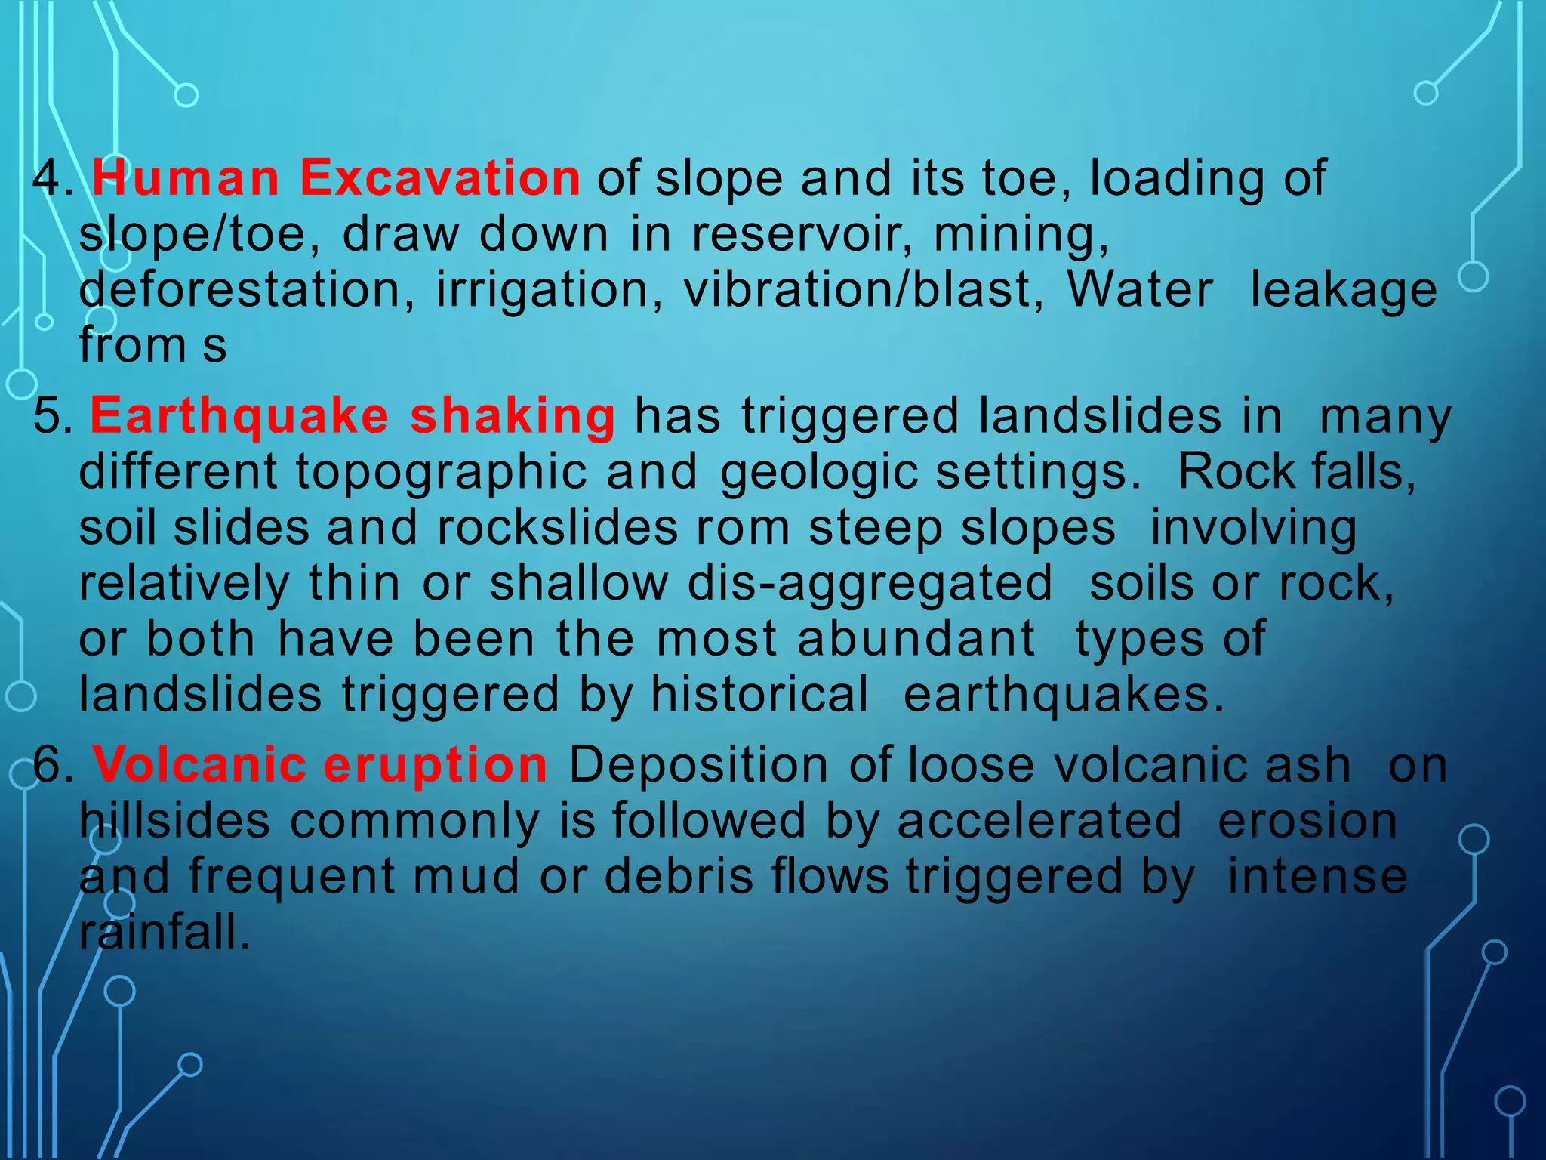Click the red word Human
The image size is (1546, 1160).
pyautogui.click(x=186, y=178)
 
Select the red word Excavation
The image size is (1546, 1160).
pyautogui.click(x=440, y=178)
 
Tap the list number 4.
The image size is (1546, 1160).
pyautogui.click(x=53, y=178)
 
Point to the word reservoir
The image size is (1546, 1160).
pyautogui.click(x=802, y=234)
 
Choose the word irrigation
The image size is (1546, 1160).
pyautogui.click(x=550, y=290)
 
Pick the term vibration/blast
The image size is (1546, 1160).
pyautogui.click(x=864, y=290)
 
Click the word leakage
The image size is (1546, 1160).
pyautogui.click(x=1344, y=290)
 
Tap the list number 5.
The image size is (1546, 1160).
pyautogui.click(x=53, y=416)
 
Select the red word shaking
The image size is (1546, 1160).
pyautogui.click(x=513, y=416)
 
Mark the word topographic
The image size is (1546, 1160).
pyautogui.click(x=442, y=472)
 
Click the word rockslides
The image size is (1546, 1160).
pyautogui.click(x=557, y=527)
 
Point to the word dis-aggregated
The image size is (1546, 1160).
pyautogui.click(x=870, y=583)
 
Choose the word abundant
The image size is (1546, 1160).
pyautogui.click(x=916, y=639)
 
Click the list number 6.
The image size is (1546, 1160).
pyautogui.click(x=53, y=765)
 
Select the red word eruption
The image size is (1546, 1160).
pyautogui.click(x=436, y=765)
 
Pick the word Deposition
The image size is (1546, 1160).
pyautogui.click(x=699, y=765)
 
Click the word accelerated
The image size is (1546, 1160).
pyautogui.click(x=1039, y=821)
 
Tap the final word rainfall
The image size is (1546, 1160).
pyautogui.click(x=164, y=933)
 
